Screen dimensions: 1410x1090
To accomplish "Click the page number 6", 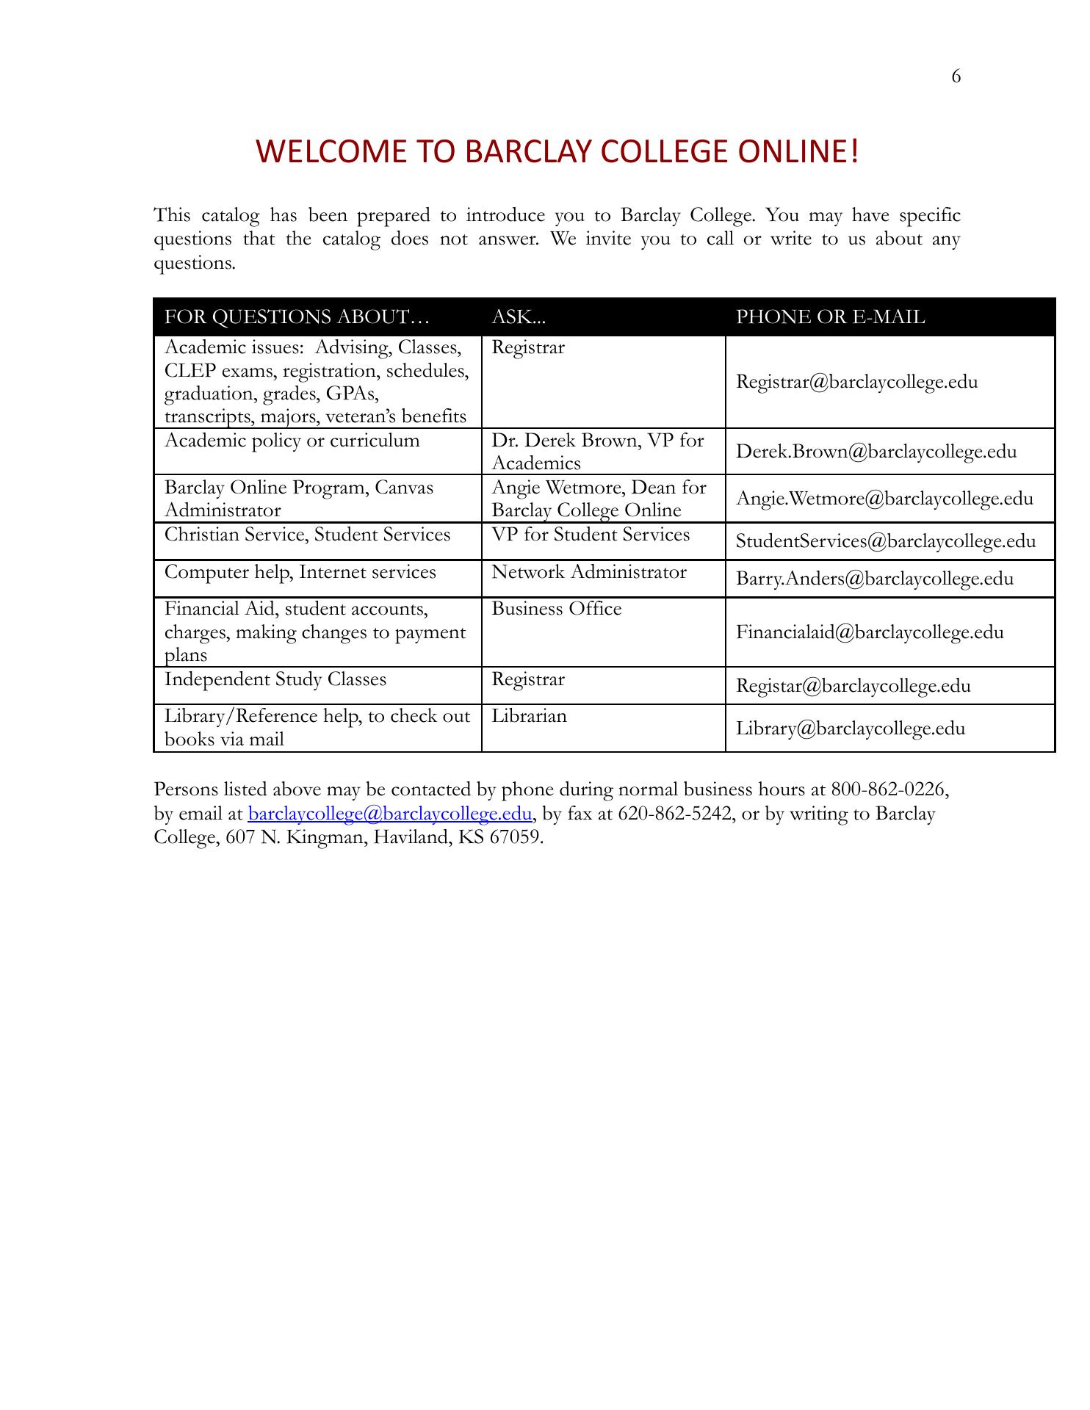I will tap(956, 77).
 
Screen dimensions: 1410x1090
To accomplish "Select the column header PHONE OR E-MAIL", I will tap(830, 317).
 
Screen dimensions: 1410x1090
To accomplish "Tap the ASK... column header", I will tap(519, 317).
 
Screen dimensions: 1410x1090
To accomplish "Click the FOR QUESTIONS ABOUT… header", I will tap(297, 317).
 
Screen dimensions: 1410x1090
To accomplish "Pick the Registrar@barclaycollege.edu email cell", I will tap(856, 382).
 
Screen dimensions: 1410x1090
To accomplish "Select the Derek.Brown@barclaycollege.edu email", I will tap(876, 452).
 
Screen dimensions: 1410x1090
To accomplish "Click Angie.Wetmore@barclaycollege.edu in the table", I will tap(884, 499).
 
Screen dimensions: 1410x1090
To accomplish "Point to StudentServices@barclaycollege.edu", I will tap(886, 541).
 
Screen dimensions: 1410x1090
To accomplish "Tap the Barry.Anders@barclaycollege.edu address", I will tap(874, 579).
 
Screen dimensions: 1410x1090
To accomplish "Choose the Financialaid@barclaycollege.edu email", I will tap(870, 632).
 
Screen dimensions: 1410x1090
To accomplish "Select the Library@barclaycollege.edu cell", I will tap(851, 728).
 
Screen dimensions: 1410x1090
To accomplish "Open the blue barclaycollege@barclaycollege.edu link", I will tap(390, 814).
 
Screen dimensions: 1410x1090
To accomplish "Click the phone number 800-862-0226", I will tap(889, 789).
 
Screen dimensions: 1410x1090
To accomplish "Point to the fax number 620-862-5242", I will tap(676, 814).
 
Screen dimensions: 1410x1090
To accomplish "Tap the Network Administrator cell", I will tap(588, 572).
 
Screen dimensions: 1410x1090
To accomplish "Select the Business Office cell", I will tap(556, 609).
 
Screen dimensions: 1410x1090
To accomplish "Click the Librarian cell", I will tap(529, 716).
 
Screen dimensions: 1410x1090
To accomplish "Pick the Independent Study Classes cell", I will tap(275, 679).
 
